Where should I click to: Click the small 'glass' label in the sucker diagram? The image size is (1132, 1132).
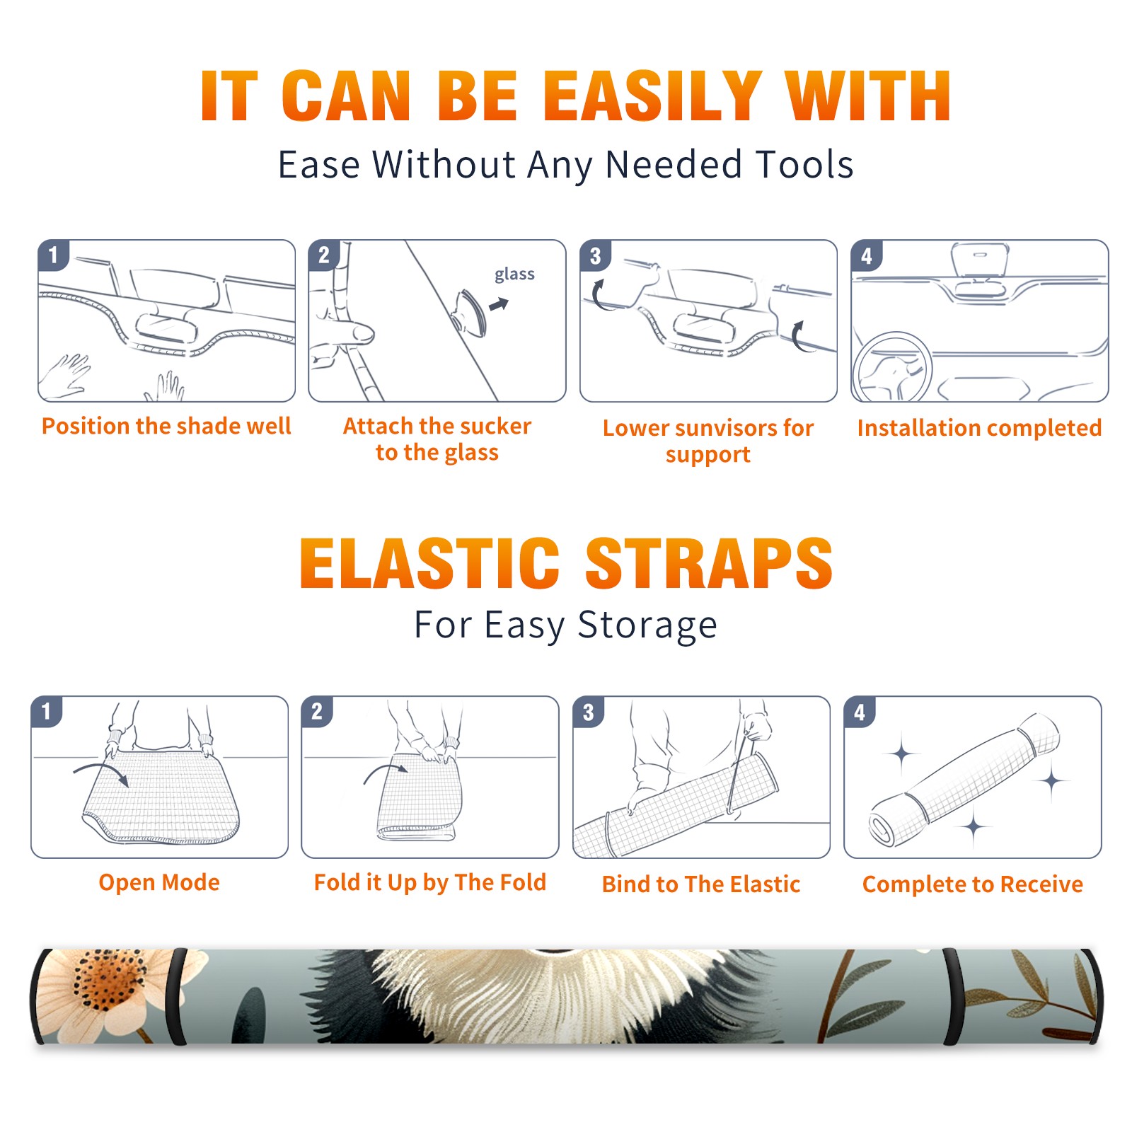tap(514, 274)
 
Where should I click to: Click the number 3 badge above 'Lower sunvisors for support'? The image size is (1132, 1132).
tap(595, 255)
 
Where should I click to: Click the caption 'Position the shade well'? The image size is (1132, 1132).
tap(166, 426)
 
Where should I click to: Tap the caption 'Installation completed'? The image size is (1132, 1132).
tap(979, 428)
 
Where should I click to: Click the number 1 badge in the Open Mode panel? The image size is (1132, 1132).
tap(47, 711)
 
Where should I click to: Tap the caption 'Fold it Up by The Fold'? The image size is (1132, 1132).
tap(430, 882)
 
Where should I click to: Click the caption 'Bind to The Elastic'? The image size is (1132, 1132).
tap(701, 884)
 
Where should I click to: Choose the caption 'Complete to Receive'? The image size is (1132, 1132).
tap(973, 884)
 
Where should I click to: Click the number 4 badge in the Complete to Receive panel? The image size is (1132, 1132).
tap(860, 712)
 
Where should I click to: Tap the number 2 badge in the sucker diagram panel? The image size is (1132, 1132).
tap(324, 255)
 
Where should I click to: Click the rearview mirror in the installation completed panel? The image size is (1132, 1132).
tap(980, 260)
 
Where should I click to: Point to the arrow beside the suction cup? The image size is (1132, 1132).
tap(499, 304)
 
